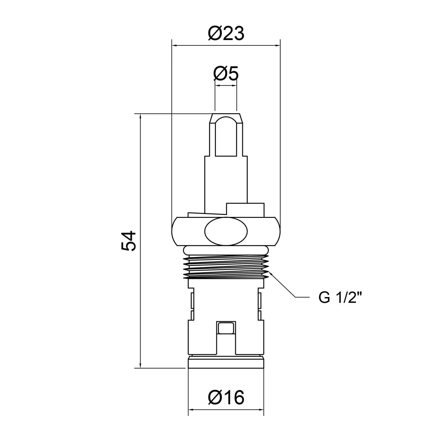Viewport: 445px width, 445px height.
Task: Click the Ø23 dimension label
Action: pyautogui.click(x=226, y=33)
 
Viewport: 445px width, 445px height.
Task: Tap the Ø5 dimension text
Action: pyautogui.click(x=226, y=74)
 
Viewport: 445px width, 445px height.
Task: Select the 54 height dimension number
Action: pyautogui.click(x=129, y=241)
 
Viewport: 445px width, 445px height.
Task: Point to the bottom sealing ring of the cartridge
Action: pyautogui.click(x=226, y=362)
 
